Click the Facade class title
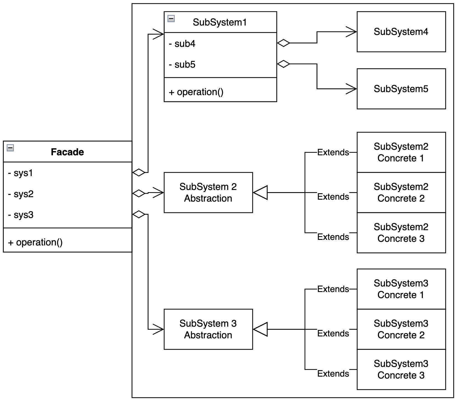pos(67,152)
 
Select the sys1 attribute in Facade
pos(21,173)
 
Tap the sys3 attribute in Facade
pos(21,215)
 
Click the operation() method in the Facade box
pos(35,242)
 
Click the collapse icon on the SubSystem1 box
pos(171,19)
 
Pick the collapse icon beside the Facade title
pos(10,148)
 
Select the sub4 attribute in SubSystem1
pos(182,44)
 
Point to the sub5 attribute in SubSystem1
pos(182,65)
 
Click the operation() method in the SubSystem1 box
pos(196,92)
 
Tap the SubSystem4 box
pos(401,32)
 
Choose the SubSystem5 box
pos(401,89)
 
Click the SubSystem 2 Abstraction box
pos(208,192)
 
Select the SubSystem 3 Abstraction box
pos(208,329)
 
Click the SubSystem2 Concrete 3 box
pos(401,233)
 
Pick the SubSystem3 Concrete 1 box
pos(401,289)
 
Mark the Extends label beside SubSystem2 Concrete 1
pos(333,153)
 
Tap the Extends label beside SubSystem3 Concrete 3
pos(333,374)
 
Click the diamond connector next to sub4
pos(283,43)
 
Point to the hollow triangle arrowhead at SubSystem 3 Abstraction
pos(260,329)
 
